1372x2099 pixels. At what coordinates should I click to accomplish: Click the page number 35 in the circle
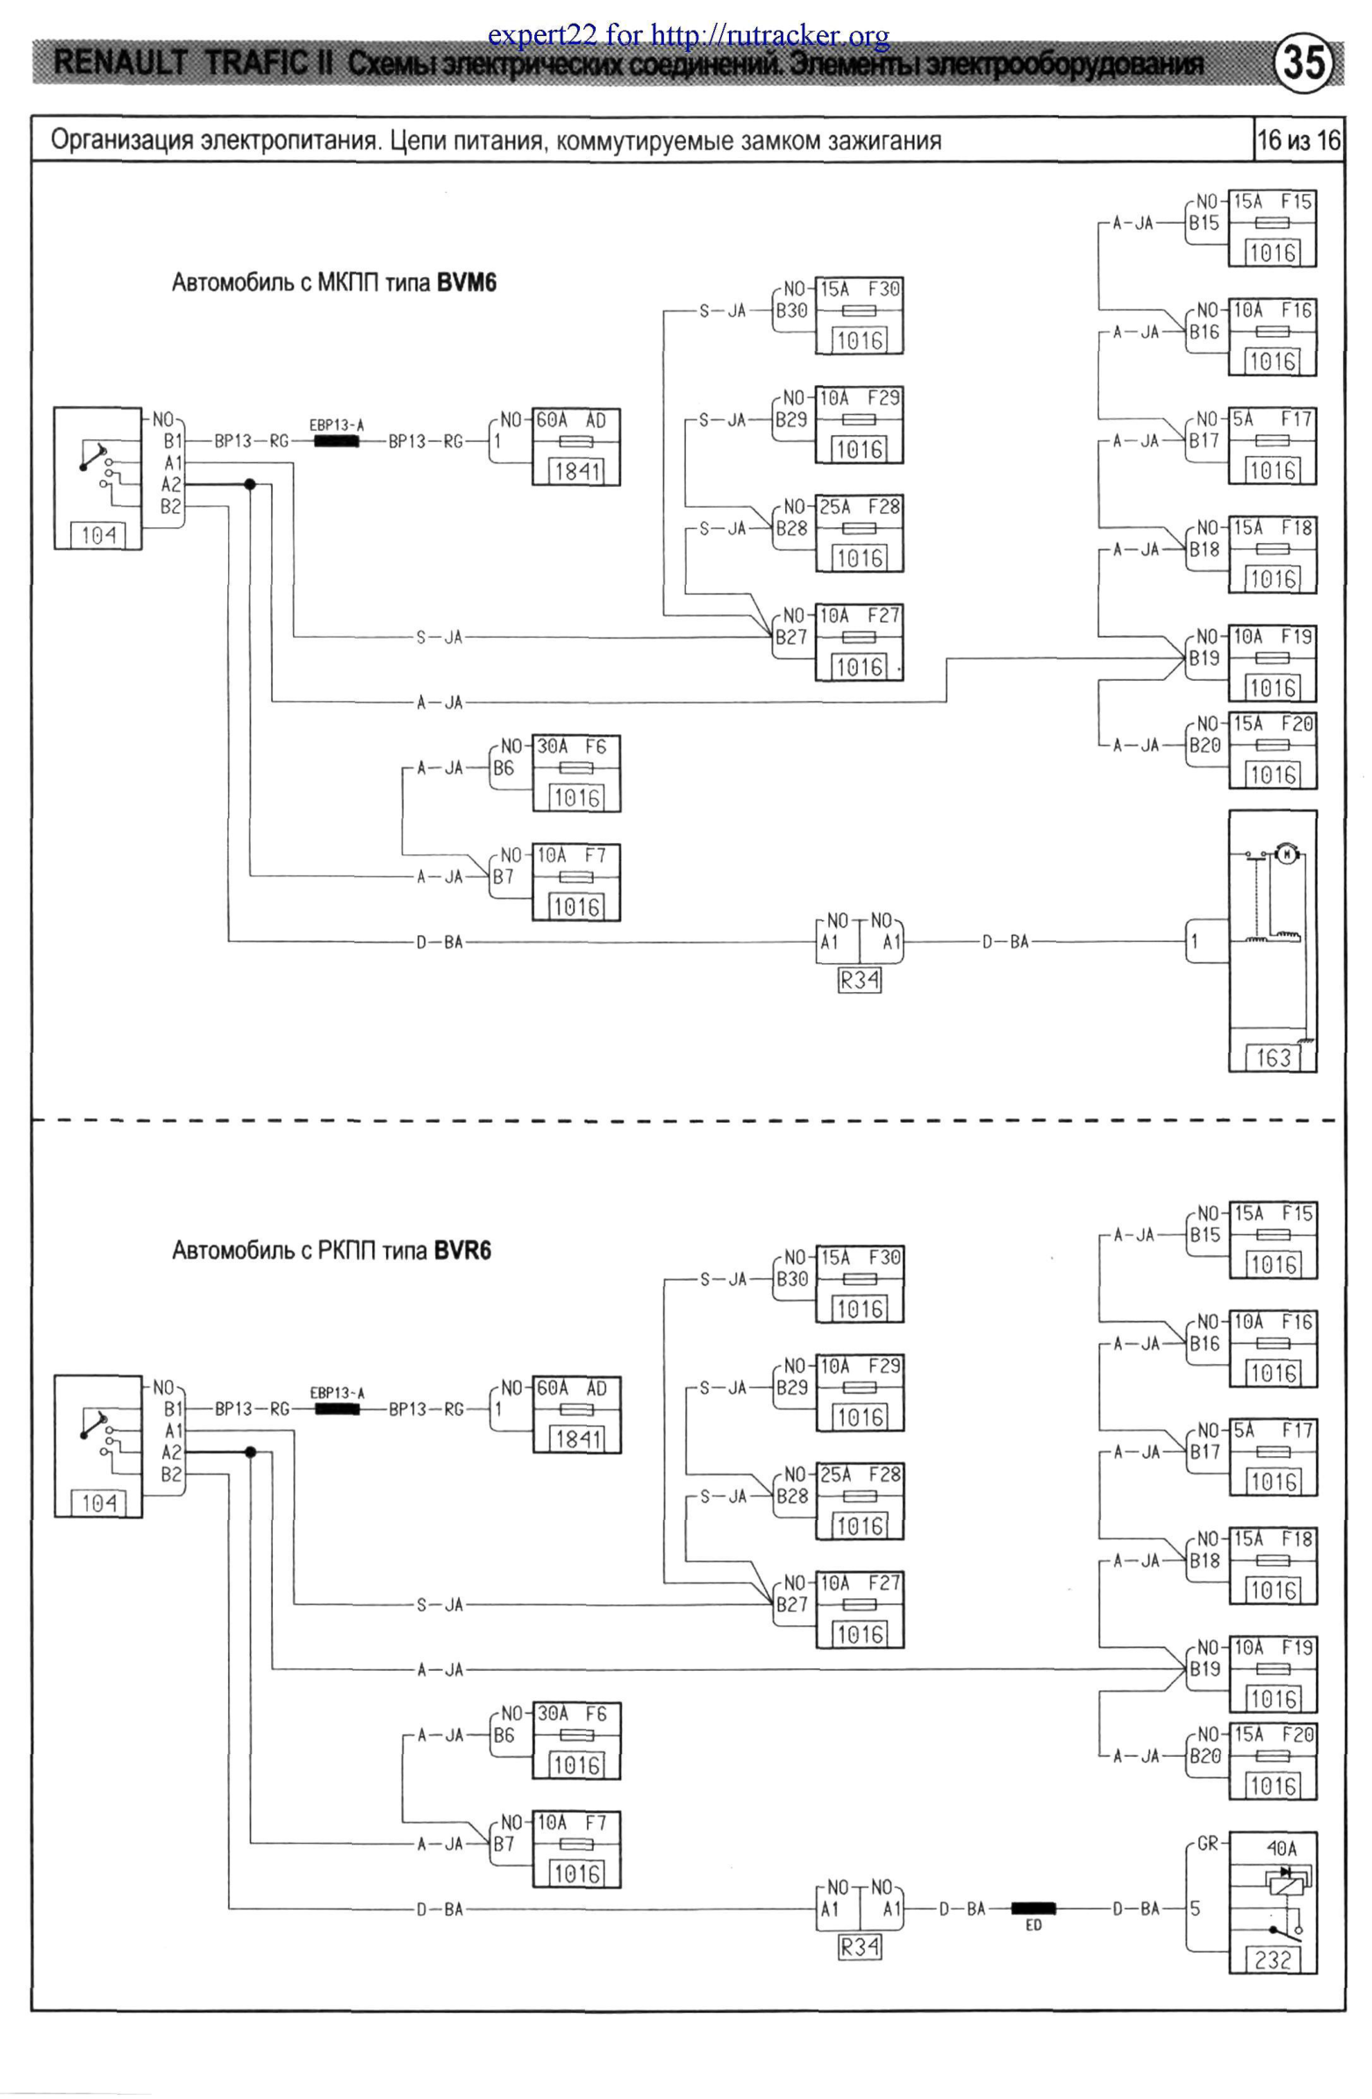click(x=1304, y=63)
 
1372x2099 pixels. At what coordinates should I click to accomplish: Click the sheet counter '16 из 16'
click(x=1298, y=140)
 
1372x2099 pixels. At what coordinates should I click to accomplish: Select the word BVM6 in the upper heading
click(x=466, y=283)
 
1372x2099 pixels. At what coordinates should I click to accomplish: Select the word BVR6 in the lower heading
click(x=462, y=1251)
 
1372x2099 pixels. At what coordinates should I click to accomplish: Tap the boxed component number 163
click(x=1272, y=1058)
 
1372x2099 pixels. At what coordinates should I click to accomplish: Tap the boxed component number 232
click(x=1272, y=1960)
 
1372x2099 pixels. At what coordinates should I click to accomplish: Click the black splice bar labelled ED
click(x=1033, y=1909)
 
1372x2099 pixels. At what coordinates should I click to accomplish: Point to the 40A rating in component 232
click(x=1281, y=1847)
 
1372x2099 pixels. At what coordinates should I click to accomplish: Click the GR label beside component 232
click(x=1207, y=1843)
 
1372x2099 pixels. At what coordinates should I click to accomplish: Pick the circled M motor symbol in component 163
click(x=1285, y=853)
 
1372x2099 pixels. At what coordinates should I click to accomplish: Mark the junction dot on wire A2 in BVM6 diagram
click(x=250, y=484)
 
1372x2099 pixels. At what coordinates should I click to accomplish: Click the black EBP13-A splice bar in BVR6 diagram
click(x=337, y=1410)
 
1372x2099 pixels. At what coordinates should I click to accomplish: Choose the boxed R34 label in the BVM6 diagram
click(x=859, y=980)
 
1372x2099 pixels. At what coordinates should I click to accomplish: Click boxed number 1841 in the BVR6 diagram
click(x=577, y=1439)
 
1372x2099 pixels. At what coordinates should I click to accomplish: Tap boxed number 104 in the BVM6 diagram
click(x=98, y=534)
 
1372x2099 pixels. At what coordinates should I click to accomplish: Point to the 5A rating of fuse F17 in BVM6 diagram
click(x=1243, y=419)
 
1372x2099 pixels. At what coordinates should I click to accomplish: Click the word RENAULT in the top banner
click(x=120, y=63)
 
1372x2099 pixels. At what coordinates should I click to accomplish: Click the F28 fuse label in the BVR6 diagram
click(x=884, y=1474)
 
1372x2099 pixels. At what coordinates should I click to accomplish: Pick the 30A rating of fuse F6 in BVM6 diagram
click(x=553, y=746)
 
